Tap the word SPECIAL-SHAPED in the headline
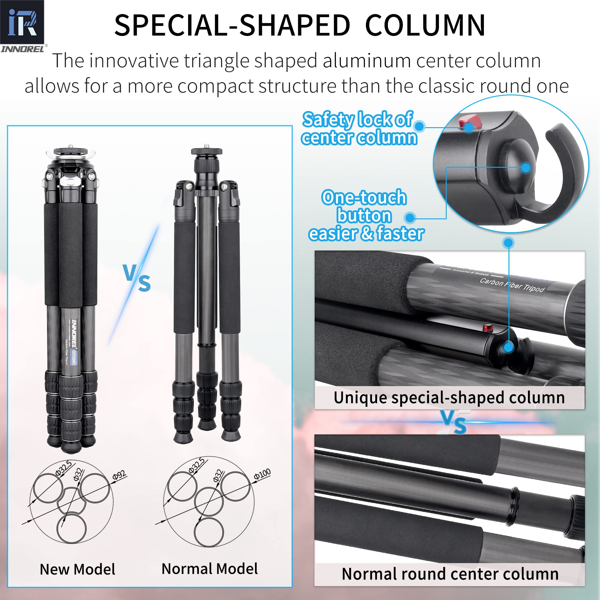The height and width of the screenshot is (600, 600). click(x=232, y=25)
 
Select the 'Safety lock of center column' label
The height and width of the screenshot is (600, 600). click(x=358, y=129)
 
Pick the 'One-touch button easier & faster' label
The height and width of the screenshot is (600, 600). click(x=365, y=215)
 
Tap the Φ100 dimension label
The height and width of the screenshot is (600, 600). click(x=262, y=474)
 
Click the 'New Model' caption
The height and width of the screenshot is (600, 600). click(x=77, y=570)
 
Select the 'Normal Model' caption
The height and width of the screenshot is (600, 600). click(x=210, y=569)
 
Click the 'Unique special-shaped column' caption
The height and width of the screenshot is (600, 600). click(x=449, y=398)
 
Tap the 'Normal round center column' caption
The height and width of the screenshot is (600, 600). click(x=450, y=574)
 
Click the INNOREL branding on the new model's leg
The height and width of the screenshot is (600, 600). click(x=74, y=334)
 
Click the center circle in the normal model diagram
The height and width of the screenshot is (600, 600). click(x=209, y=502)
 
